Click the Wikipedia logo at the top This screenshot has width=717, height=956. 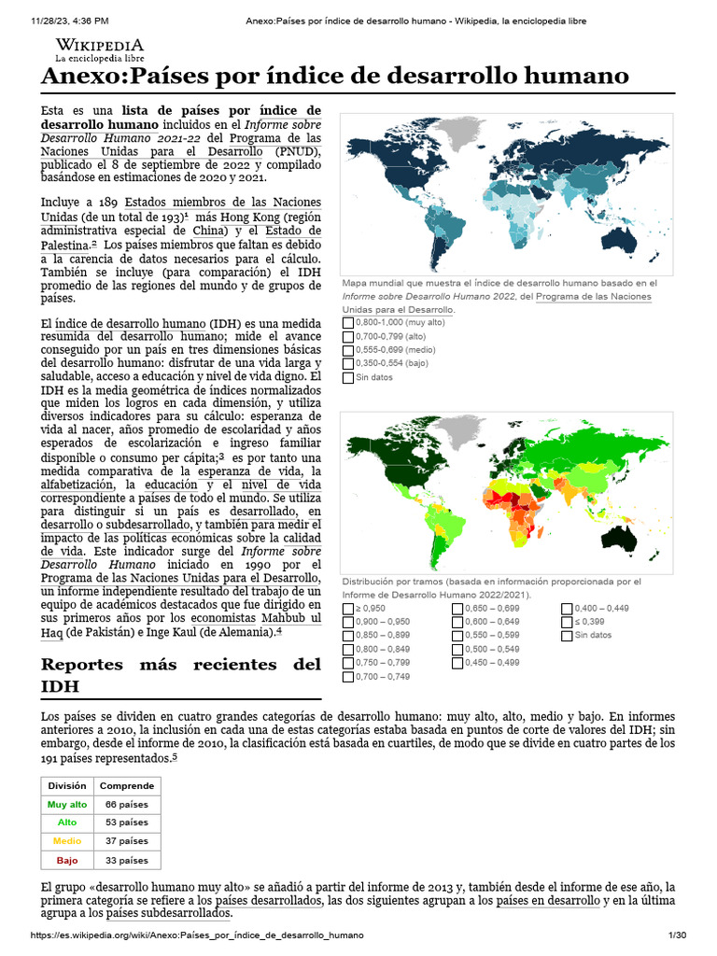[100, 49]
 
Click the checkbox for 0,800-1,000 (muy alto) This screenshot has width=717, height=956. [348, 321]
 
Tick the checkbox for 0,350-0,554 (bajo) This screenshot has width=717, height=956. [348, 363]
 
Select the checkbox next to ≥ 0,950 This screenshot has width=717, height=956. [348, 609]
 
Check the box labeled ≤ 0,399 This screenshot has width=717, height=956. [567, 622]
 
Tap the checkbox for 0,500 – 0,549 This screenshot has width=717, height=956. [457, 649]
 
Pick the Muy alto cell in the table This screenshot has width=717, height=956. [67, 805]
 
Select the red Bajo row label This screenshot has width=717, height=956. [67, 860]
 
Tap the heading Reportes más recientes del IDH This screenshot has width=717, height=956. [180, 675]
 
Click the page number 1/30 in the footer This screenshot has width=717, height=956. [677, 935]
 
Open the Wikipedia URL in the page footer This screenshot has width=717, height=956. [197, 935]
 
